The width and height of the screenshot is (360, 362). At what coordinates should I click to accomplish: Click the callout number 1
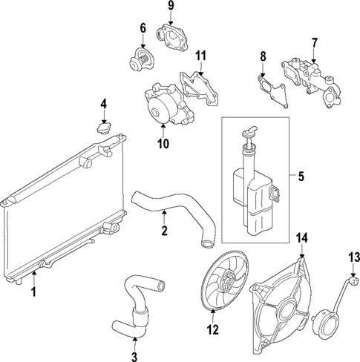(33, 293)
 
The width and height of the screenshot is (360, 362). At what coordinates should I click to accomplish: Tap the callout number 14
(301, 238)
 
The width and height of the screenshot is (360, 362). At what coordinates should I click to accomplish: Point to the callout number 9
(170, 7)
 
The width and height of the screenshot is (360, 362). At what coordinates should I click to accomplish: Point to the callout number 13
(353, 257)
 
